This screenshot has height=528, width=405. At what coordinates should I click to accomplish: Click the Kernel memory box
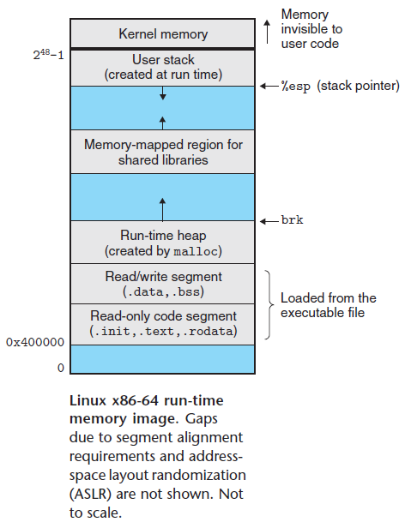162,34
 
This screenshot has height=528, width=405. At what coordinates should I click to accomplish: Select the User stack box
162,67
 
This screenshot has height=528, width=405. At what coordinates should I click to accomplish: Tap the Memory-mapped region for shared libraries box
162,152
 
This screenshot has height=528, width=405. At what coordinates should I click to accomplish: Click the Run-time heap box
162,243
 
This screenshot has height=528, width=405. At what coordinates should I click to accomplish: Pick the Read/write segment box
162,284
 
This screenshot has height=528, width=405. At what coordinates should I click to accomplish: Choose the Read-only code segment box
162,324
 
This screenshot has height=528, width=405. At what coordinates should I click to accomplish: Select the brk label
292,219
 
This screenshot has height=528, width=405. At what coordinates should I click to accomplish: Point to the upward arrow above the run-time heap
162,206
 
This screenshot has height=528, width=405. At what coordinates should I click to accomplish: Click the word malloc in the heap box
197,251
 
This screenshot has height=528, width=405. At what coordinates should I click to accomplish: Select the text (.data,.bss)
162,291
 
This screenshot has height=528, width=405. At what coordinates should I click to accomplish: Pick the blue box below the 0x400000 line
162,359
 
